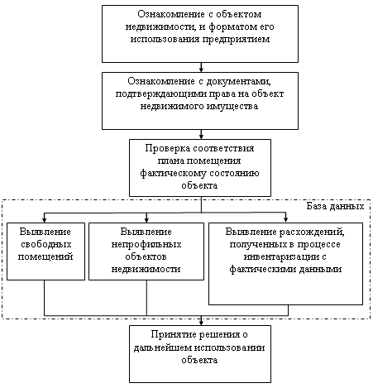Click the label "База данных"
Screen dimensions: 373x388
click(x=335, y=206)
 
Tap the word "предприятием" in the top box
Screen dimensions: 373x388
click(x=237, y=39)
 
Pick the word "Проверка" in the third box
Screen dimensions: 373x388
click(x=168, y=148)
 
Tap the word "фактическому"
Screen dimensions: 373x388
click(x=173, y=173)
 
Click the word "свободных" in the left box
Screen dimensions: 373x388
click(x=46, y=244)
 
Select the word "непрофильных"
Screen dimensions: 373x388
click(x=146, y=244)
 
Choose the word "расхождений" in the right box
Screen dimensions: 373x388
click(x=312, y=232)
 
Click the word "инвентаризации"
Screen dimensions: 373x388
click(x=281, y=256)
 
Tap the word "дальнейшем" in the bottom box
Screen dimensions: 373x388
click(x=163, y=347)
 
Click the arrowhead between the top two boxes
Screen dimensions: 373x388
click(x=201, y=69)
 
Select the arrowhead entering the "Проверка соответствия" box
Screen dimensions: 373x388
click(x=201, y=137)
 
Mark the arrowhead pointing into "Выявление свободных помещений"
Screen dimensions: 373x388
click(x=45, y=220)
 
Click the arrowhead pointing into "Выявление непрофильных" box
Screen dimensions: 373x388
click(x=146, y=220)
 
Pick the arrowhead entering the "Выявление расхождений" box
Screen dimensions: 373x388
click(x=285, y=220)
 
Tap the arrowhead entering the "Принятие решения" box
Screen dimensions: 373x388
click(x=201, y=323)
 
